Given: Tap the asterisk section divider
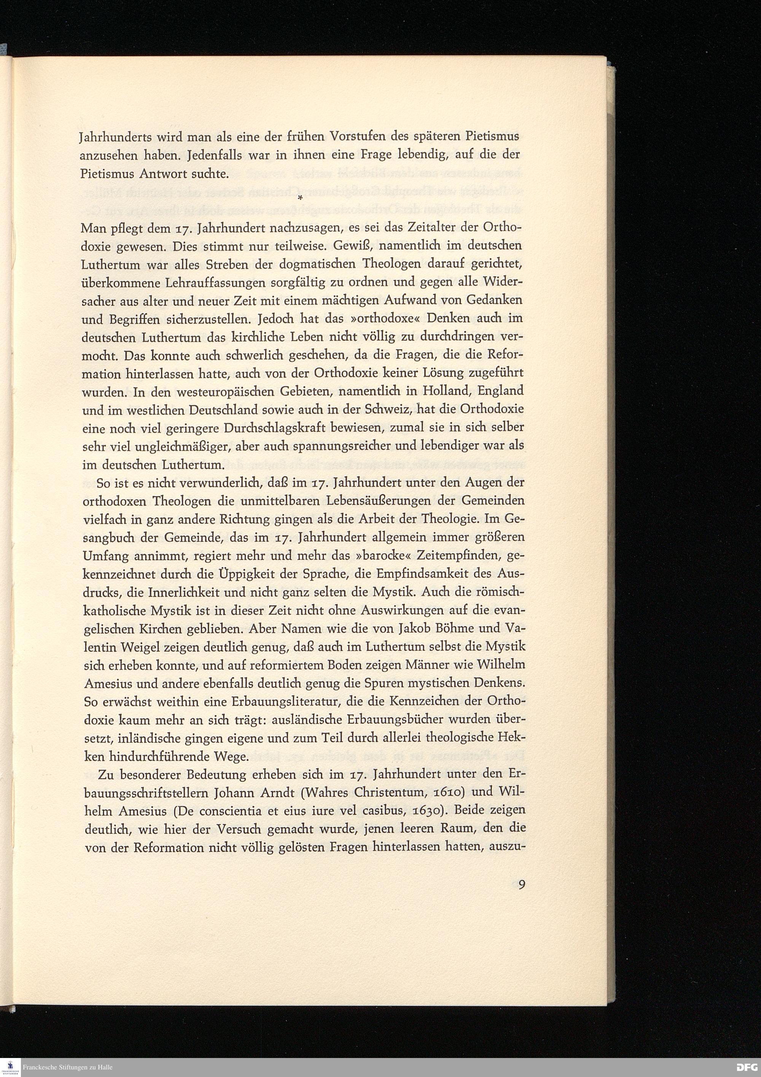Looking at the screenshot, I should click(x=299, y=199).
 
